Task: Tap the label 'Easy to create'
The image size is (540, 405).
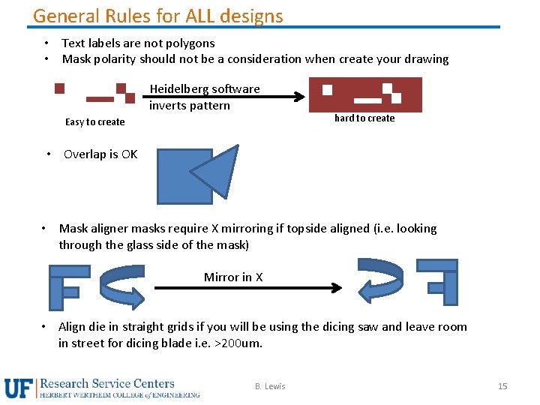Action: [x=94, y=122]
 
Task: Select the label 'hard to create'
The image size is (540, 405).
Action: [x=364, y=118]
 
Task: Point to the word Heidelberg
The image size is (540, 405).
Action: [x=175, y=89]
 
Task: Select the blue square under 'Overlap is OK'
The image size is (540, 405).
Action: [x=180, y=177]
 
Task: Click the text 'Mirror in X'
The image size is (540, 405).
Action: [x=233, y=277]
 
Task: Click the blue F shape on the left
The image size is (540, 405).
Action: [x=64, y=285]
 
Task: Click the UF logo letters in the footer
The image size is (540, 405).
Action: [x=19, y=388]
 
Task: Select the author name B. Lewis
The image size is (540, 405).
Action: [x=270, y=386]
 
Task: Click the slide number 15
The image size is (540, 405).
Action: [x=502, y=386]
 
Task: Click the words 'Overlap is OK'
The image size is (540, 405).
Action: [x=100, y=154]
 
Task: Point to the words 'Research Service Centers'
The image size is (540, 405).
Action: [x=107, y=384]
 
